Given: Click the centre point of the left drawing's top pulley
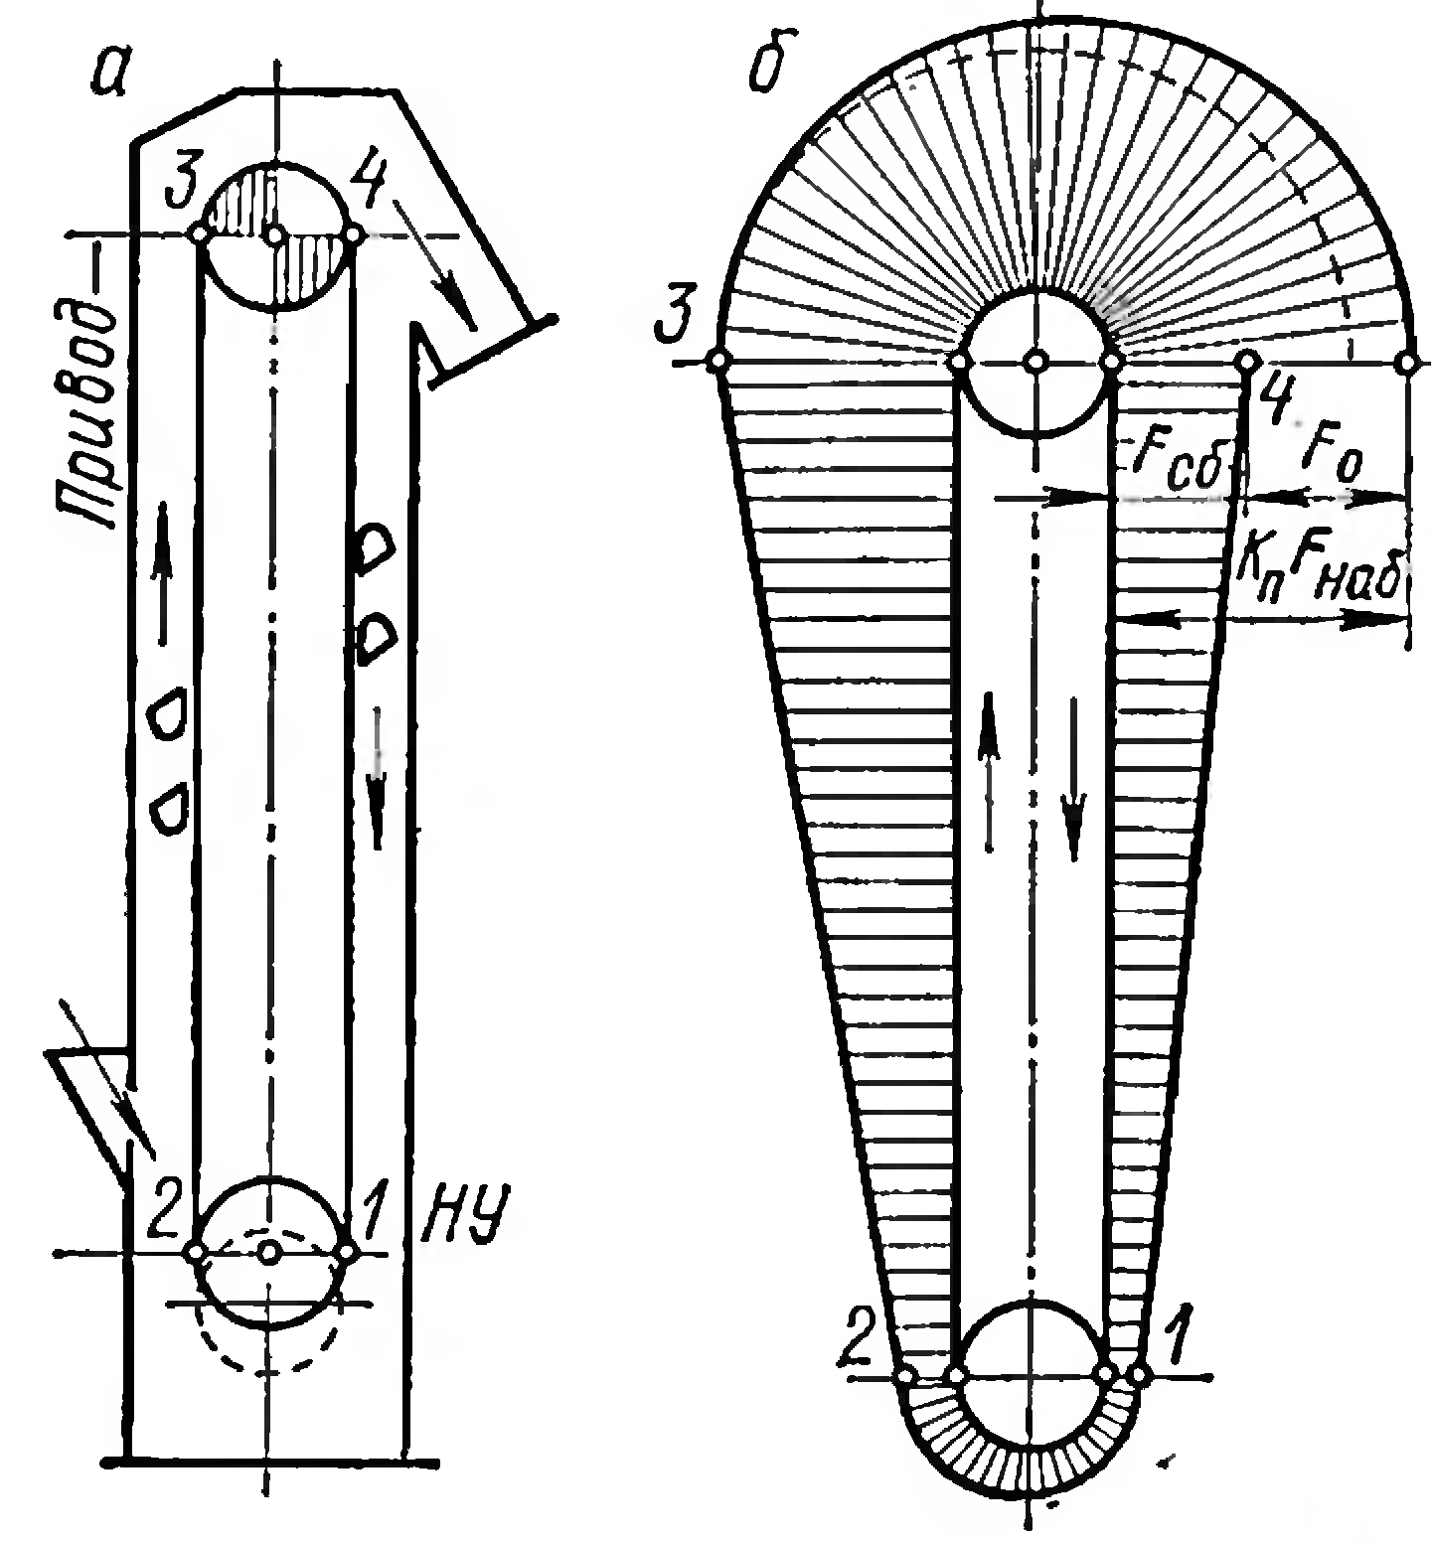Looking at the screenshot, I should tap(276, 235).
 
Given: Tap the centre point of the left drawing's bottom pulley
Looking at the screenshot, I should tap(268, 1251).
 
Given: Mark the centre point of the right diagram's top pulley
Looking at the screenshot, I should tap(1035, 362).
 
